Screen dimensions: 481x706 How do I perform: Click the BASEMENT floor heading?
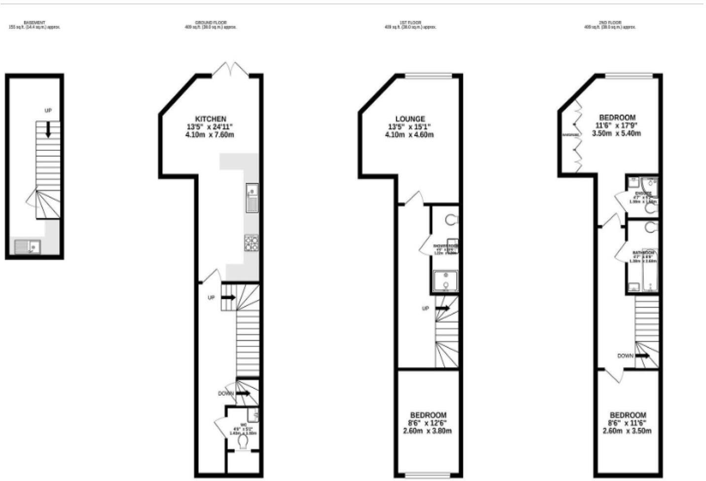35,23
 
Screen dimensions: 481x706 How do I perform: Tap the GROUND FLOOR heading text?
211,23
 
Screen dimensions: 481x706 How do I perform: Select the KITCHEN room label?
211,119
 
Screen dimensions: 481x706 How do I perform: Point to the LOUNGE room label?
410,119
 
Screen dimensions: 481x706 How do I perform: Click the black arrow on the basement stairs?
48,129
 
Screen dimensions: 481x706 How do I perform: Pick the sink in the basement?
28,245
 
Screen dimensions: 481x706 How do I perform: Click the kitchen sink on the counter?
252,198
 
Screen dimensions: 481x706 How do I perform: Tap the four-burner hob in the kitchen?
251,243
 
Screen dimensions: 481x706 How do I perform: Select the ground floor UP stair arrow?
228,298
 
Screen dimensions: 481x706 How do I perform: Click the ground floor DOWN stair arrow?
243,394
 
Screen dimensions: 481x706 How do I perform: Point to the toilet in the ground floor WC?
243,442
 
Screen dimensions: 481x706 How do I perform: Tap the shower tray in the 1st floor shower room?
446,281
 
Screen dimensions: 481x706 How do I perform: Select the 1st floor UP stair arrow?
442,309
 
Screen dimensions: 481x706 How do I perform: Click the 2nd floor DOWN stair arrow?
642,356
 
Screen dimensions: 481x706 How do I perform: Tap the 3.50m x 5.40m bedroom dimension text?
616,134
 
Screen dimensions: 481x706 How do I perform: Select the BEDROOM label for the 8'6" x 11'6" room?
628,415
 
